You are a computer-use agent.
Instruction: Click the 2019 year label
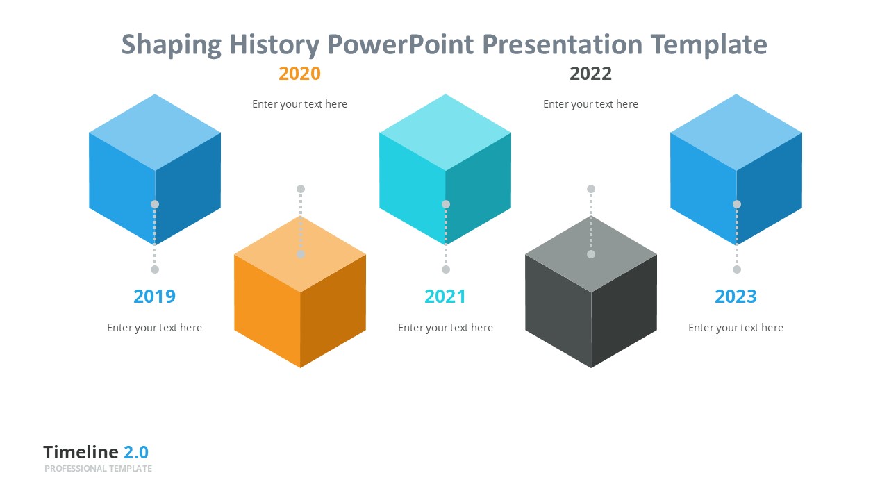pos(154,297)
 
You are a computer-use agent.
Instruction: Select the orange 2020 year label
pos(299,74)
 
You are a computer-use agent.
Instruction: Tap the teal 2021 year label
pos(445,297)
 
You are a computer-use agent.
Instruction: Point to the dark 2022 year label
pos(590,74)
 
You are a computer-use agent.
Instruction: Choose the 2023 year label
pos(736,297)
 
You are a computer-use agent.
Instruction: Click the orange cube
pos(300,292)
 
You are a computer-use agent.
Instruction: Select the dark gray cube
pos(591,292)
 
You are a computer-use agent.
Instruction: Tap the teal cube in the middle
pos(445,169)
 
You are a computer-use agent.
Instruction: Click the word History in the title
pos(274,45)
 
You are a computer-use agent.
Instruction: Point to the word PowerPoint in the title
pos(401,44)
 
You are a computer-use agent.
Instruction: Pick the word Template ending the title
pos(709,45)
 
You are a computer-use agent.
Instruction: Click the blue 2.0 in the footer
pos(136,452)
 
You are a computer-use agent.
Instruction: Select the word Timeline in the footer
pos(81,452)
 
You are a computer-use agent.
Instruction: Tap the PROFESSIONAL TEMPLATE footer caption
pos(98,469)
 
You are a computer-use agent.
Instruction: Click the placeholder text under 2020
pos(299,104)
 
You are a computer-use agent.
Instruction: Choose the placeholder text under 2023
pos(736,328)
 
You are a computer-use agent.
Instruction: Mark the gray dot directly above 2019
pos(155,269)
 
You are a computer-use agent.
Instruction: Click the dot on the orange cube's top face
pos(301,254)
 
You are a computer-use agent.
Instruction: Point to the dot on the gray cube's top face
pos(591,254)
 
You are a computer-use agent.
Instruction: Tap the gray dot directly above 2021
pos(446,269)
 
